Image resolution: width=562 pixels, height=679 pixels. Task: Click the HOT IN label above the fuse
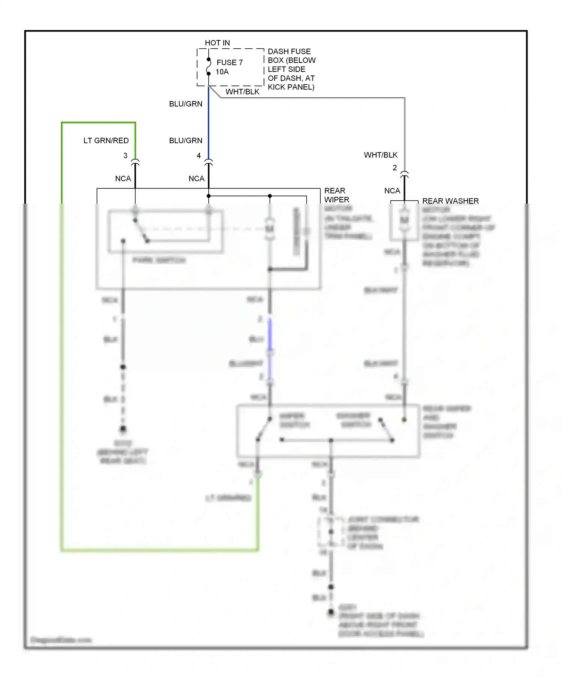pyautogui.click(x=217, y=43)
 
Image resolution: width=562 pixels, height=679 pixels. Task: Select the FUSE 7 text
pyautogui.click(x=229, y=63)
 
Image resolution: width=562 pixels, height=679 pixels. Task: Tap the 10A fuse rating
pyautogui.click(x=222, y=72)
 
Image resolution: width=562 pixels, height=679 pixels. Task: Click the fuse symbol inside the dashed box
pyautogui.click(x=209, y=67)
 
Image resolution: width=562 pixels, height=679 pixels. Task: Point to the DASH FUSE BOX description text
pyautogui.click(x=291, y=69)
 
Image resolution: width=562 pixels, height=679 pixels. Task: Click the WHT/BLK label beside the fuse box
pyautogui.click(x=242, y=92)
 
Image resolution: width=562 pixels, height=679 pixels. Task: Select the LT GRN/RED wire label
pyautogui.click(x=106, y=141)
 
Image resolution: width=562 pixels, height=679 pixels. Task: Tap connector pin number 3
pyautogui.click(x=126, y=155)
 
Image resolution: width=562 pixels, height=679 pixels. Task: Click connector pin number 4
pyautogui.click(x=199, y=155)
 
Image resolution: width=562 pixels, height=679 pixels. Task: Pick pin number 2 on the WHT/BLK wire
pyautogui.click(x=395, y=168)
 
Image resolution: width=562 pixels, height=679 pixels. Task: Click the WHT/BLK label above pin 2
pyautogui.click(x=381, y=155)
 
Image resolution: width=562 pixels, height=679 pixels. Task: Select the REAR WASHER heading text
pyautogui.click(x=450, y=201)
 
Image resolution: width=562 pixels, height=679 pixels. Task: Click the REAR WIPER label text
pyautogui.click(x=336, y=195)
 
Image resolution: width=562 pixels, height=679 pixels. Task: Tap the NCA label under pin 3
pyautogui.click(x=123, y=179)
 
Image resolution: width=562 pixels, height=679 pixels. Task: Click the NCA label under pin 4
pyautogui.click(x=196, y=179)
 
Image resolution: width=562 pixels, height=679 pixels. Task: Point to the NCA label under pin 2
pyautogui.click(x=392, y=191)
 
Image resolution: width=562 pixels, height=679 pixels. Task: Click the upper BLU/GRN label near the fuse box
pyautogui.click(x=185, y=104)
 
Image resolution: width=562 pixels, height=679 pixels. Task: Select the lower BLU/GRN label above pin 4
pyautogui.click(x=185, y=141)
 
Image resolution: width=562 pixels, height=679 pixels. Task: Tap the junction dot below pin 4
pyautogui.click(x=209, y=196)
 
